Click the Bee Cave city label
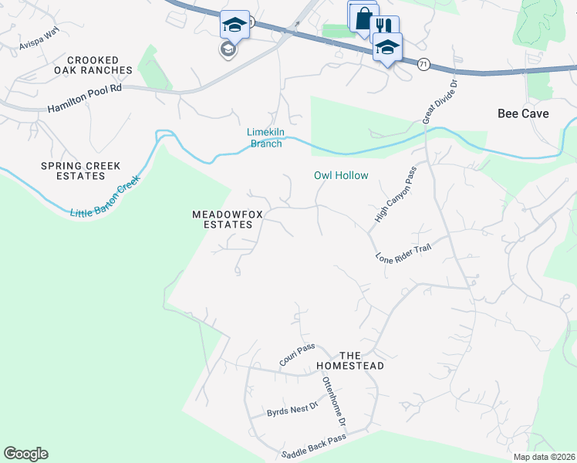[x=523, y=113]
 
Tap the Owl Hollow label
[x=341, y=175]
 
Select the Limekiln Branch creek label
[x=265, y=137]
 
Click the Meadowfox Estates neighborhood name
[x=222, y=219]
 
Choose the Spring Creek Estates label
[x=73, y=171]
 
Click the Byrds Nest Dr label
[x=292, y=408]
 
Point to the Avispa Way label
[x=40, y=40]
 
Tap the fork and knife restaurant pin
[x=383, y=26]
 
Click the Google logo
[x=25, y=454]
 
